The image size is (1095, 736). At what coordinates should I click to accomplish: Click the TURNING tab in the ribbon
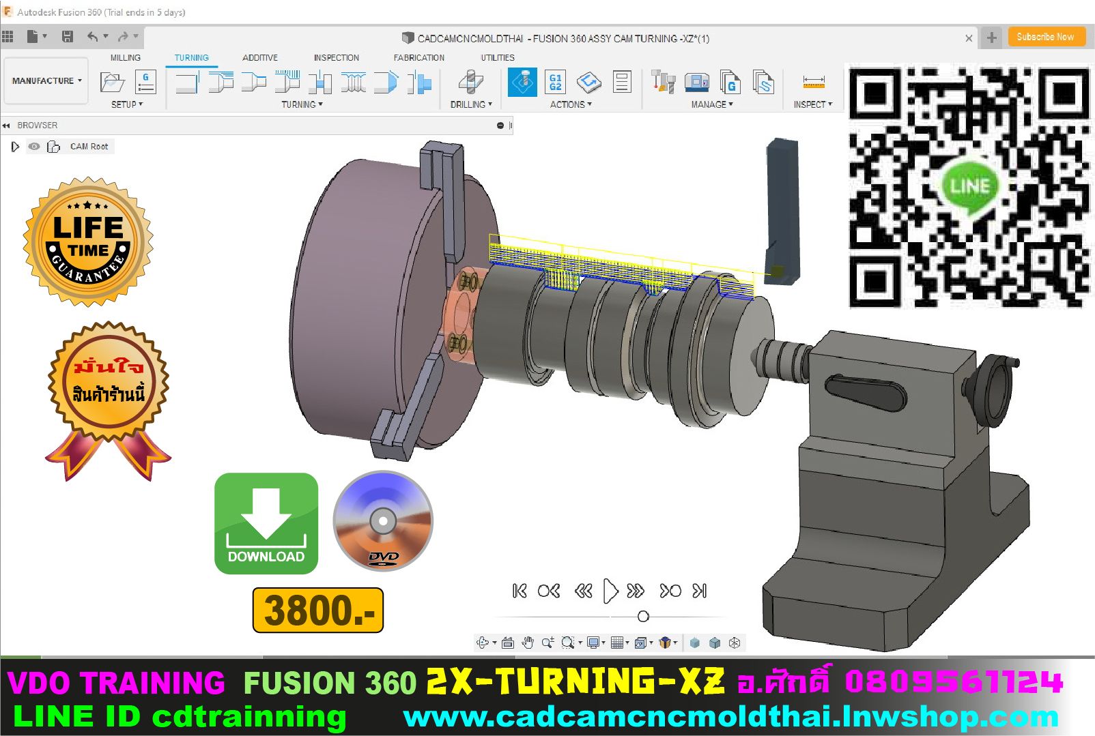[x=191, y=58]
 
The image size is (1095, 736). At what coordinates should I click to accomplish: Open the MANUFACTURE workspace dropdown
[x=46, y=80]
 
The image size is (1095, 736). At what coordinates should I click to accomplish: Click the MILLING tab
[x=126, y=58]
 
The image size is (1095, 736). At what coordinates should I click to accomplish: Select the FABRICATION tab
[x=418, y=58]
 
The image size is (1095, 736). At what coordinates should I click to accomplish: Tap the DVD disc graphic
[x=383, y=521]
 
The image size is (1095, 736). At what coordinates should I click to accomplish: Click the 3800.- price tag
[x=318, y=610]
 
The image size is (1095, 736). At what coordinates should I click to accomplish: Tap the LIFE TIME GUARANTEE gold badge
[x=88, y=242]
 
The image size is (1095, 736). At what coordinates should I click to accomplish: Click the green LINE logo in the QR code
[x=969, y=186]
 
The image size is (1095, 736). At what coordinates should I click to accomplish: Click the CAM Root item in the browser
[x=89, y=147]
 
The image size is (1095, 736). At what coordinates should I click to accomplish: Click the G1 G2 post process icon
[x=555, y=83]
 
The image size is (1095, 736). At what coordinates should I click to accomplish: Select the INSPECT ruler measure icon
[x=814, y=83]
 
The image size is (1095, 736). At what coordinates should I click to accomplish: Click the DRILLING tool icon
[x=470, y=83]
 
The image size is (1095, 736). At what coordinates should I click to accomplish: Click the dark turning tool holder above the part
[x=781, y=205]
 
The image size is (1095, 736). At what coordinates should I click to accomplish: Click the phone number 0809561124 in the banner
[x=953, y=682]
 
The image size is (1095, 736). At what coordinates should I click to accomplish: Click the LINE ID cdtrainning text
[x=180, y=717]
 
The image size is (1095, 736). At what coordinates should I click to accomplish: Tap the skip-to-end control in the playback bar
[x=700, y=591]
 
